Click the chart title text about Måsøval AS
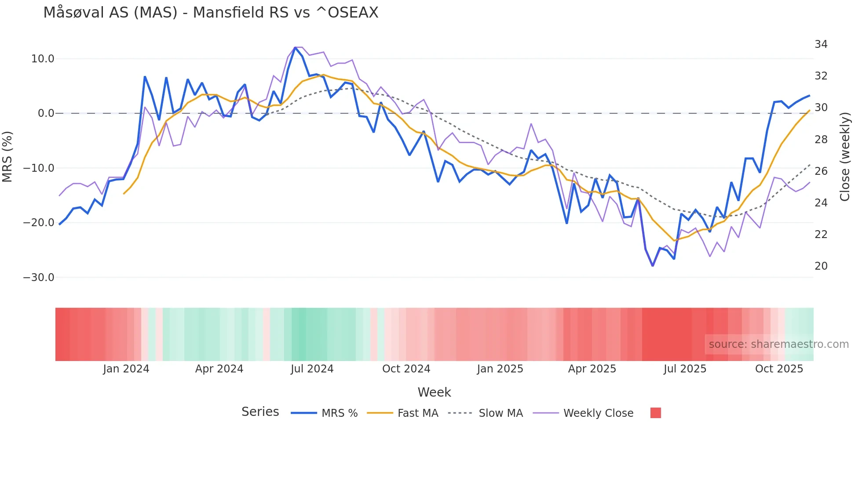pyautogui.click(x=211, y=13)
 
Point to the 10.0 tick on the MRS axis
pyautogui.click(x=43, y=59)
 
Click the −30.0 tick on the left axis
pyautogui.click(x=39, y=278)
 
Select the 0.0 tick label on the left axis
pyautogui.click(x=46, y=113)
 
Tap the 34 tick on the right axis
pyautogui.click(x=821, y=44)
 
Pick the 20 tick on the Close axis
pyautogui.click(x=821, y=266)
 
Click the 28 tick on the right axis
pyautogui.click(x=821, y=140)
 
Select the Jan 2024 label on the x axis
pyautogui.click(x=126, y=369)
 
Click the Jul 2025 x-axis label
pyautogui.click(x=685, y=369)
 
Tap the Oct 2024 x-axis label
pyautogui.click(x=406, y=369)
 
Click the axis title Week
pyautogui.click(x=434, y=392)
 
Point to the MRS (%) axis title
pyautogui.click(x=7, y=156)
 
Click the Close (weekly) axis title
pyautogui.click(x=844, y=156)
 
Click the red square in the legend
pyautogui.click(x=655, y=413)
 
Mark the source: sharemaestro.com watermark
pyautogui.click(x=778, y=344)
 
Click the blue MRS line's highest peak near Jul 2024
pyautogui.click(x=295, y=47)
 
